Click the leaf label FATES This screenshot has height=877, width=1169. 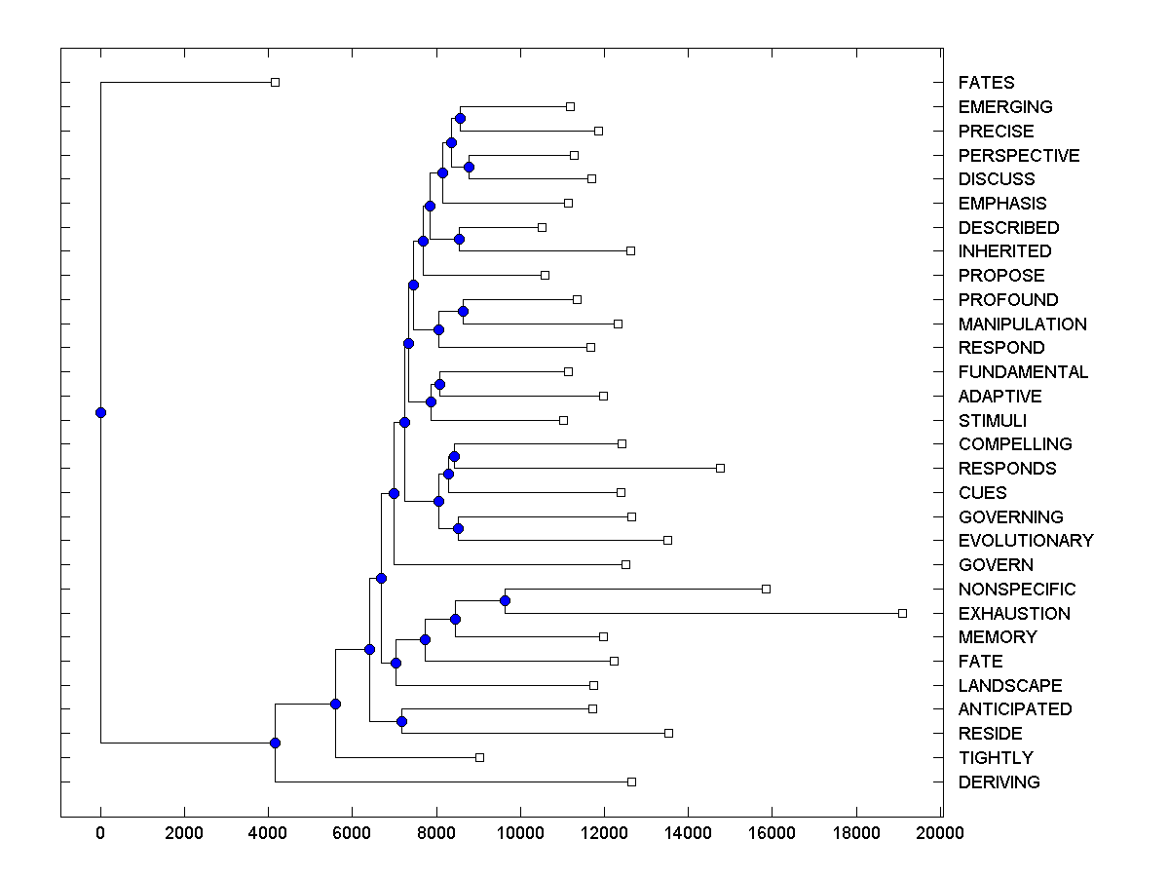(x=986, y=83)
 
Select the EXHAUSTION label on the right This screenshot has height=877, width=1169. (x=1014, y=614)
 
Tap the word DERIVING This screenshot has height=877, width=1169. (x=999, y=782)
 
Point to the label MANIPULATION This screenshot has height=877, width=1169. (x=1022, y=324)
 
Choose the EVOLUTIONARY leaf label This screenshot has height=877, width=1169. (x=1026, y=541)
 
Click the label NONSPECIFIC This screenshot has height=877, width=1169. (x=1017, y=590)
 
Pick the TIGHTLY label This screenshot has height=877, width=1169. (x=996, y=758)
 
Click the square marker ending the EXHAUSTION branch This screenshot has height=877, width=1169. (x=902, y=613)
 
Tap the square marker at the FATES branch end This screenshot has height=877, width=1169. (x=275, y=83)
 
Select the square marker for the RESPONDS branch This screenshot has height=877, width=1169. (x=720, y=468)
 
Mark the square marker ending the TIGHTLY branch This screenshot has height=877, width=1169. (x=479, y=757)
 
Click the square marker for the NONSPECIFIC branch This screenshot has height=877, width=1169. (x=766, y=589)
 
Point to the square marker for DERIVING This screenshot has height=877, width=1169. (x=631, y=782)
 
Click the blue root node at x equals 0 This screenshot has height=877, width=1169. (x=100, y=412)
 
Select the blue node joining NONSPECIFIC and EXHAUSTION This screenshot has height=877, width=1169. (x=505, y=600)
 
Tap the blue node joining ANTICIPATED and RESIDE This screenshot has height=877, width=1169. (x=401, y=721)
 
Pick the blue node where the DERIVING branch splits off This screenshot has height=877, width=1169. (x=275, y=744)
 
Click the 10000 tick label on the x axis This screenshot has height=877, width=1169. (x=520, y=833)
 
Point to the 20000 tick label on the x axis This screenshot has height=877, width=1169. (x=940, y=833)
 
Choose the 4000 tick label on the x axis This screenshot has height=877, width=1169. (x=268, y=833)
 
